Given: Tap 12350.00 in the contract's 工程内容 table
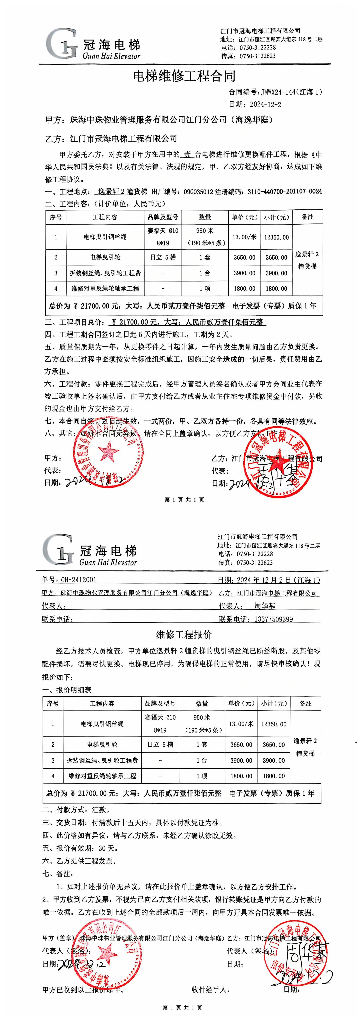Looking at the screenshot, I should coord(276,237).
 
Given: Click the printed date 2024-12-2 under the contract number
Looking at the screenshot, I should coord(266,105).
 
